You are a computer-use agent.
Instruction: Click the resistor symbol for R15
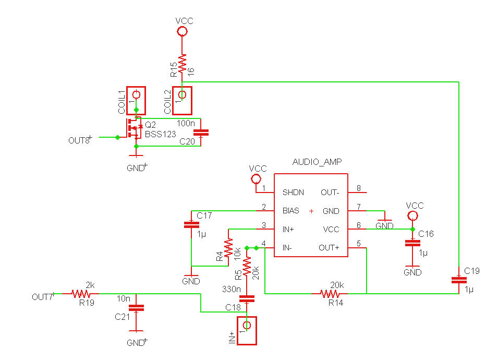pos(182,64)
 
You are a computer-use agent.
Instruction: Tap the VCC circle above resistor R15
pos(182,31)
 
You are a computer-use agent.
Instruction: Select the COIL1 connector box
pos(136,100)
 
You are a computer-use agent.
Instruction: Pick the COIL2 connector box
pos(182,100)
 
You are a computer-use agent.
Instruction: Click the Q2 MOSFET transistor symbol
pos(134,128)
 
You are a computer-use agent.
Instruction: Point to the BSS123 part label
pos(160,134)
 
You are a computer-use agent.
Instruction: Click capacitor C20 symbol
pos(201,132)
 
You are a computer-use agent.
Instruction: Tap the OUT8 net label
pos(80,140)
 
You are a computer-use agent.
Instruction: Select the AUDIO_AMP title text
pos(317,162)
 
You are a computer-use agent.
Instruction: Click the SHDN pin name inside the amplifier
pos(293,192)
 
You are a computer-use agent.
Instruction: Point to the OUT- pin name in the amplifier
pos(330,192)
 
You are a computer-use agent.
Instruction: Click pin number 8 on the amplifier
pos(359,188)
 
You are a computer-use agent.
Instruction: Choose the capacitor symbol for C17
pos(191,225)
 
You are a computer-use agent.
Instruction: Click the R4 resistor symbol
pos(228,248)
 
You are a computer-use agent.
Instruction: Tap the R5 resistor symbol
pos(247,266)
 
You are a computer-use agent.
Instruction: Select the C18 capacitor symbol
pos(247,298)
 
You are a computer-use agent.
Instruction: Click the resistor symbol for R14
pos(330,294)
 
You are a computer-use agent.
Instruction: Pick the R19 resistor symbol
pos(81,294)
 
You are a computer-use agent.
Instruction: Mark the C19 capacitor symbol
pos(459,280)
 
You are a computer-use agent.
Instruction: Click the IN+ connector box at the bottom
pos(247,330)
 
